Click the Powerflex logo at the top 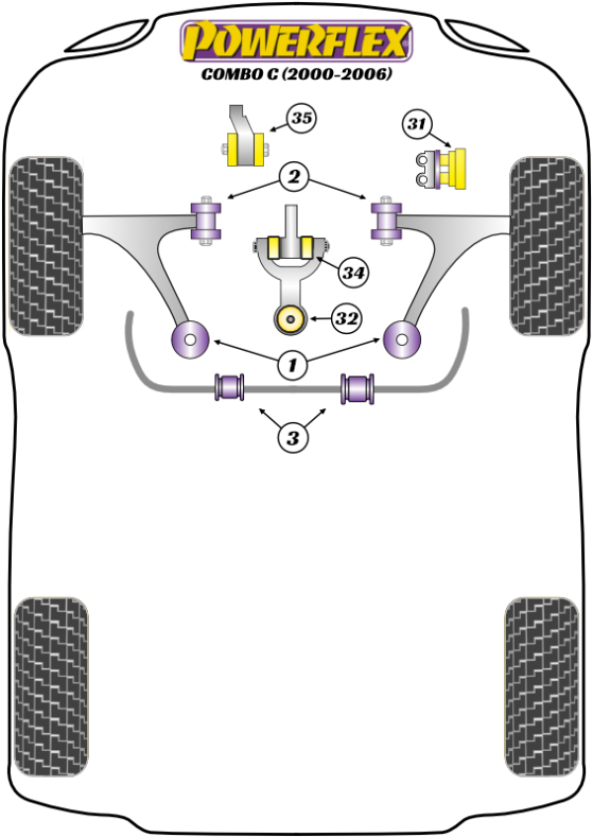[295, 42]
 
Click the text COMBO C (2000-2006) [296, 74]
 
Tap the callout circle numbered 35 [300, 120]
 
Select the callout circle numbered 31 [417, 125]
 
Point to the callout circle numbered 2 [294, 178]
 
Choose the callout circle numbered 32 [346, 318]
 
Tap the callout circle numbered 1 [293, 366]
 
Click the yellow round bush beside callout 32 [292, 319]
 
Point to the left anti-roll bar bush [230, 387]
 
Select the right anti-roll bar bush [358, 387]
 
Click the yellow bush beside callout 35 [242, 150]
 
